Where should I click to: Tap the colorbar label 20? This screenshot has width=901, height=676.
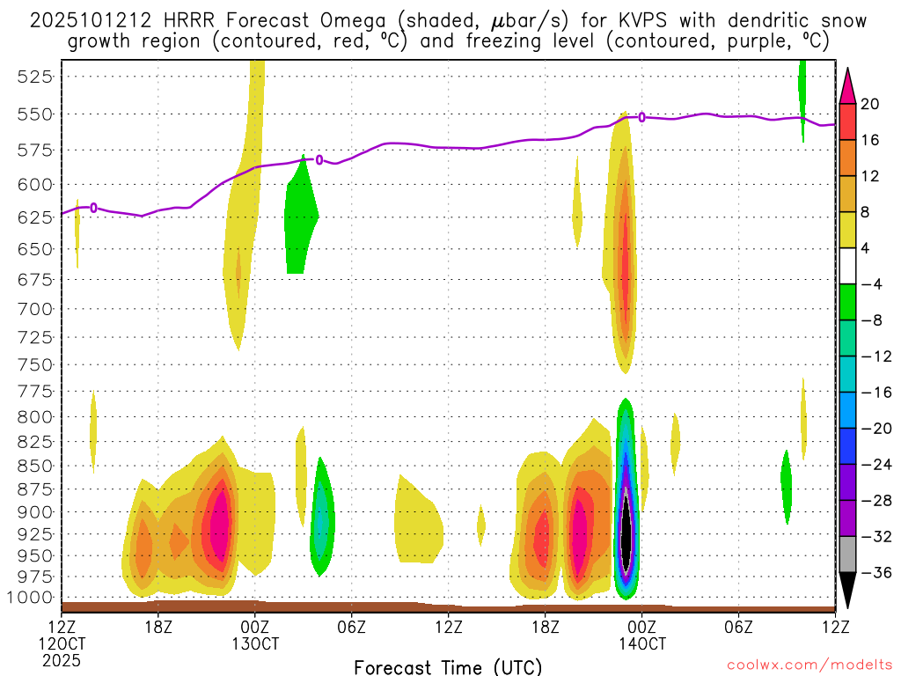(x=871, y=104)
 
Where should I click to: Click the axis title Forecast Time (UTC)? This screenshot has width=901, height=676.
(x=448, y=666)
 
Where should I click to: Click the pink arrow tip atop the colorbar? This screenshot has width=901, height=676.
(x=847, y=81)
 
